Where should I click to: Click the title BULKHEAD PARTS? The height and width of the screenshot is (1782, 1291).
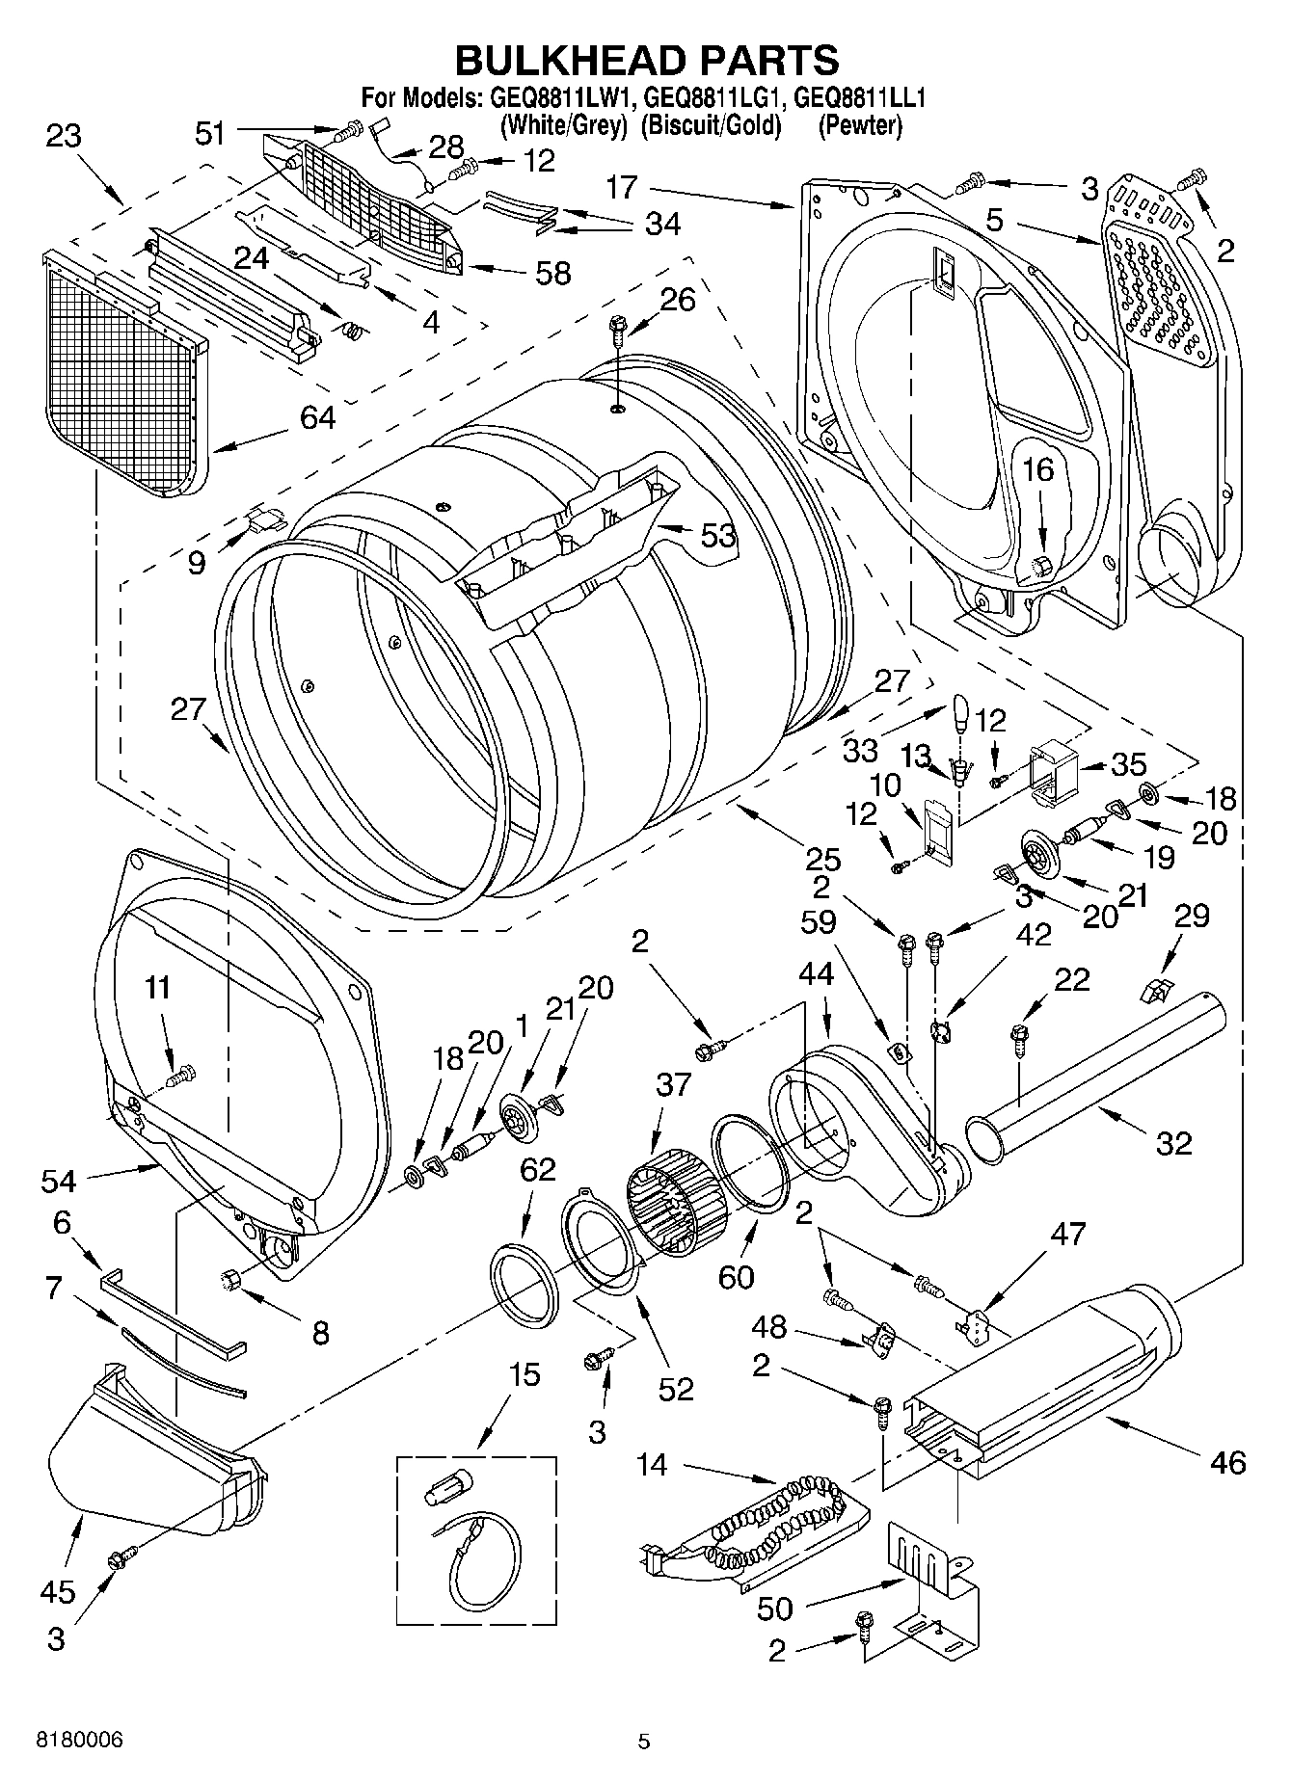[x=646, y=60]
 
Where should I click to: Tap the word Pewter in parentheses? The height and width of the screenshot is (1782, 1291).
[x=860, y=125]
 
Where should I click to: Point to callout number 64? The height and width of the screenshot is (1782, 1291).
[x=317, y=418]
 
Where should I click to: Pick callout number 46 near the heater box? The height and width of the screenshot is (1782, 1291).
[x=1227, y=1462]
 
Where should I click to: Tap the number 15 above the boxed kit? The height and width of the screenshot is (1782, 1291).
[x=525, y=1375]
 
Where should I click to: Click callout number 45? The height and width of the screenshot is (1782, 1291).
[x=58, y=1591]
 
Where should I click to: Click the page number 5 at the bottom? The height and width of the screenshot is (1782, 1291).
[x=644, y=1742]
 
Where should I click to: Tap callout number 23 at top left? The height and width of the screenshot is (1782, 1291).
[x=64, y=136]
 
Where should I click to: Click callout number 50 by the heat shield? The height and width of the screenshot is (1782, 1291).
[x=775, y=1608]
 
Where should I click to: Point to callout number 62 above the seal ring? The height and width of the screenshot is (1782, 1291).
[x=537, y=1170]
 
